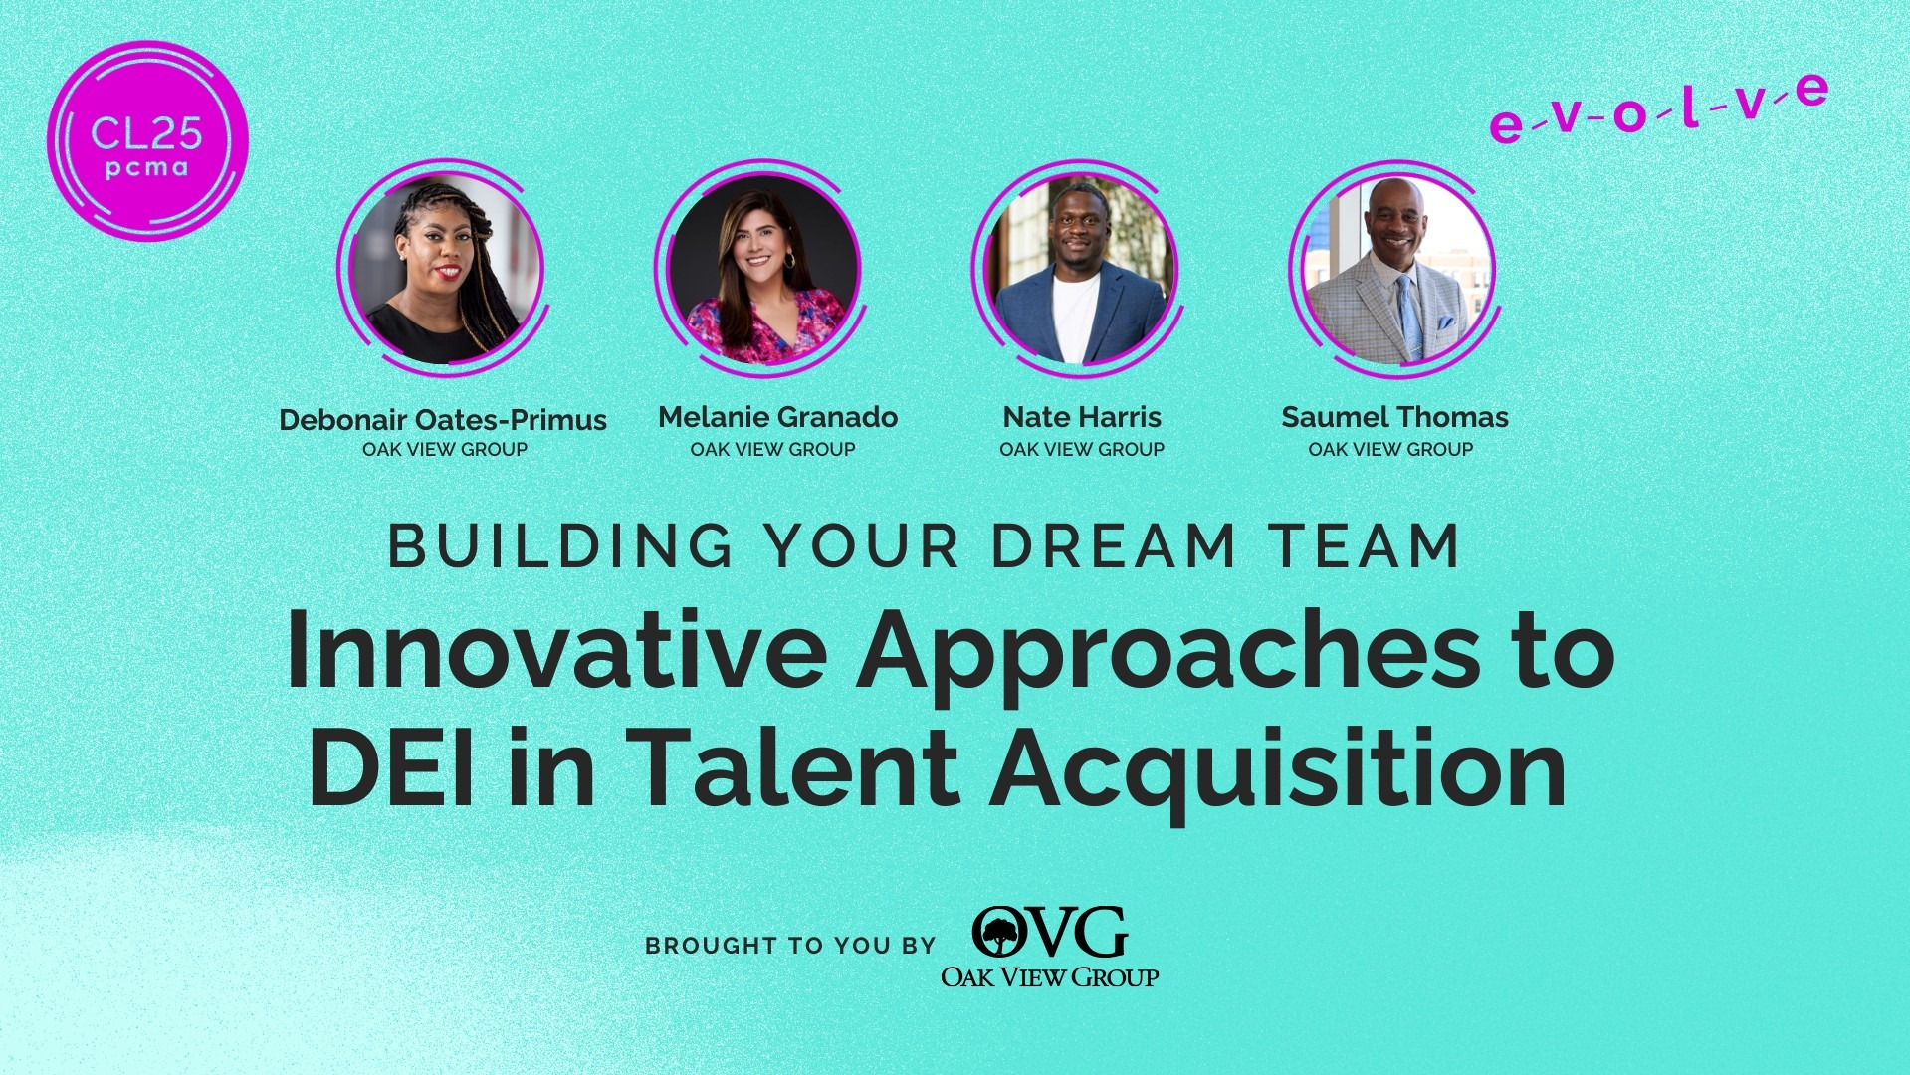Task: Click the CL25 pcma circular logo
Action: click(x=147, y=141)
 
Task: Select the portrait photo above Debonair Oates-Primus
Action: click(x=443, y=269)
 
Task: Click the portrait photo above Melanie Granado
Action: click(x=759, y=269)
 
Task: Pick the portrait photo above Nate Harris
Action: click(x=1078, y=269)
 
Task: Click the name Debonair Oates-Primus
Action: click(x=443, y=420)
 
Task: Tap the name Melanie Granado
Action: click(x=777, y=417)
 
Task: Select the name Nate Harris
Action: click(x=1082, y=417)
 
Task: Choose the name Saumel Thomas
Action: click(x=1394, y=417)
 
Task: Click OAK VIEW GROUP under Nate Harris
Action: click(x=1082, y=450)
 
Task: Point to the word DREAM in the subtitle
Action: click(x=1112, y=546)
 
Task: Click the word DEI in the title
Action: click(x=391, y=769)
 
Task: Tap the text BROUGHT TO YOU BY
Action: click(x=790, y=946)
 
